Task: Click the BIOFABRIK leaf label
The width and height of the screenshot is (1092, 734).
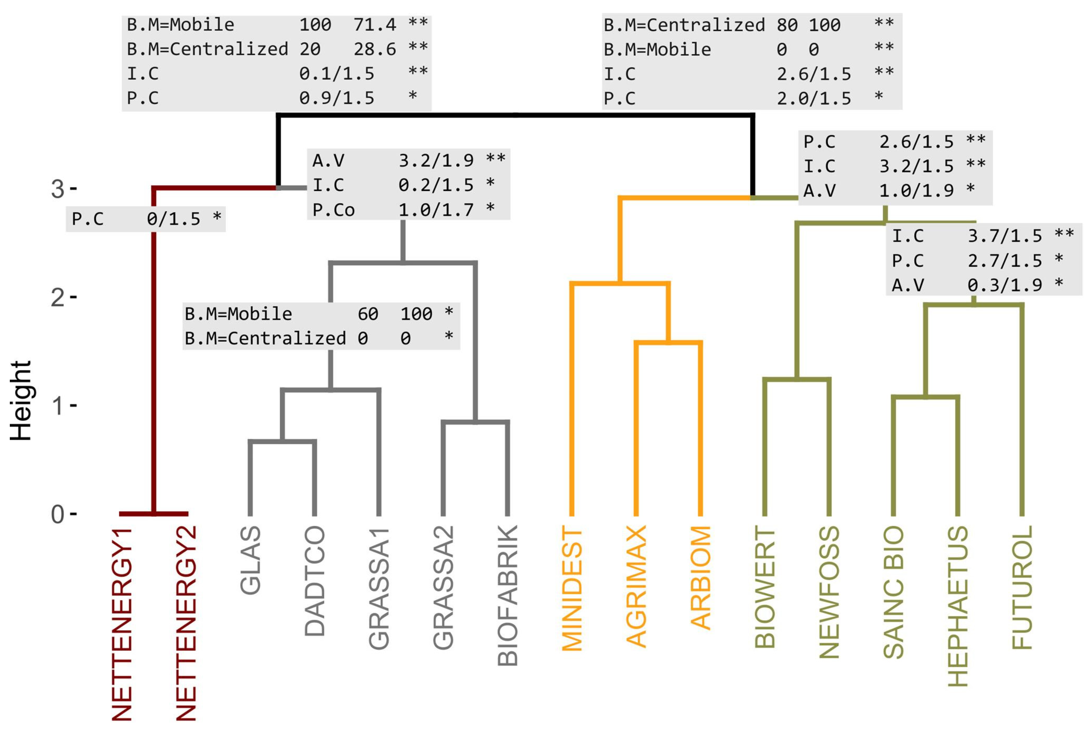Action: click(x=507, y=595)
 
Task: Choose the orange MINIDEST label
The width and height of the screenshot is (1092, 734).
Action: click(x=572, y=588)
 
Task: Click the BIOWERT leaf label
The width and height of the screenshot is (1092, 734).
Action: click(x=765, y=587)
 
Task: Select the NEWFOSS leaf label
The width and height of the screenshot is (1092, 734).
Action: click(x=829, y=592)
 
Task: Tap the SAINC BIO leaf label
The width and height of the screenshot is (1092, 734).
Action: click(x=893, y=592)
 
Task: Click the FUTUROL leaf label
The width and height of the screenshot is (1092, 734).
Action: click(x=1022, y=587)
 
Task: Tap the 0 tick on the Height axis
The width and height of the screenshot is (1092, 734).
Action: click(x=58, y=514)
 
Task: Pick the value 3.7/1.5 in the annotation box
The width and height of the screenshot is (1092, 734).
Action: click(x=1005, y=236)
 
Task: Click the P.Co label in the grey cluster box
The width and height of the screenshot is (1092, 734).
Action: click(x=334, y=210)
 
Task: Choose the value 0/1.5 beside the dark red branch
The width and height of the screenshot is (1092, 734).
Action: click(x=173, y=218)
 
